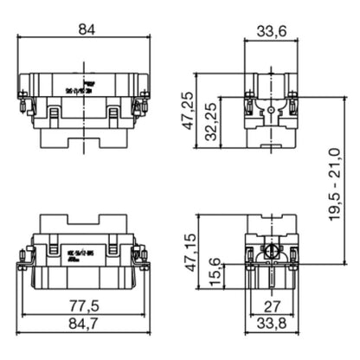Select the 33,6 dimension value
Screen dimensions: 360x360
pos(271,32)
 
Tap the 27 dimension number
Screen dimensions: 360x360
pos(271,305)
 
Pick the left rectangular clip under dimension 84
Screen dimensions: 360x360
pos(53,113)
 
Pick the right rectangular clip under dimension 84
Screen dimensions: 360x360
pos(114,113)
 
